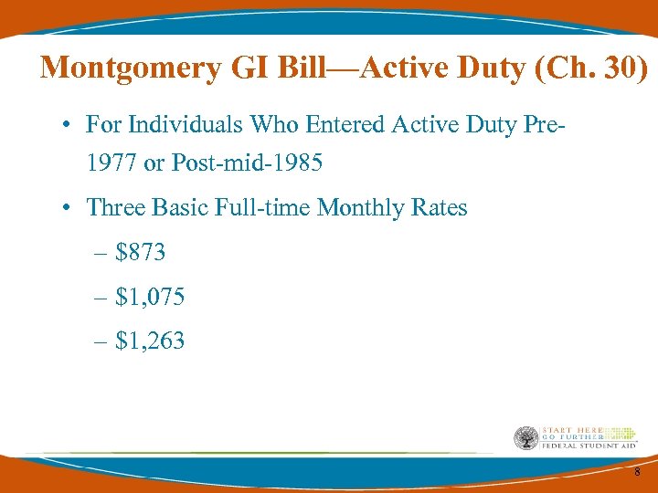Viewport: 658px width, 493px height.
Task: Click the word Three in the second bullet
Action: coord(114,207)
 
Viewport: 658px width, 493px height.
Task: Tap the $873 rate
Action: coord(141,252)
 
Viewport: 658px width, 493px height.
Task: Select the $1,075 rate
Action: coord(151,297)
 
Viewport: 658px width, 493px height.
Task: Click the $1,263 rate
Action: coord(151,341)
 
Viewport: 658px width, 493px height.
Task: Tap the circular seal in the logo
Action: coord(525,438)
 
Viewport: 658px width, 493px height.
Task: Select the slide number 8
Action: coord(636,471)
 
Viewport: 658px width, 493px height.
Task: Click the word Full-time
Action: coord(266,207)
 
